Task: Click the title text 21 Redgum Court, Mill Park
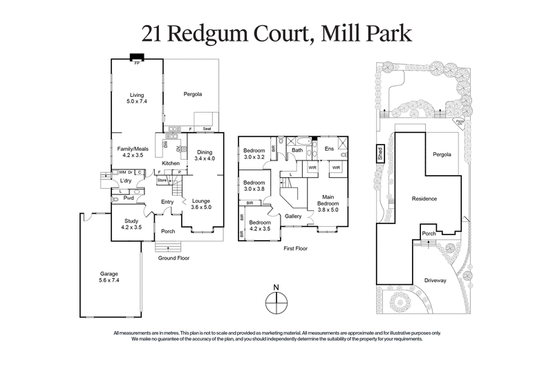(276, 32)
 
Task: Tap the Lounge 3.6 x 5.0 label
(201, 203)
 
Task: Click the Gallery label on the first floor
(294, 216)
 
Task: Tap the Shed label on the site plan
(380, 152)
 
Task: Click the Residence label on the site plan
(424, 199)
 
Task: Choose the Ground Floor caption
(173, 257)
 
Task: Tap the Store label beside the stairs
(162, 181)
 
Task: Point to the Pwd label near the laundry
(128, 199)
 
